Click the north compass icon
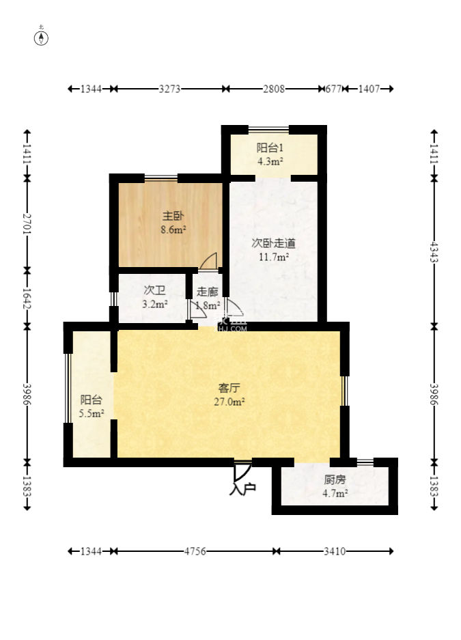pyautogui.click(x=42, y=38)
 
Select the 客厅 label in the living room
pyautogui.click(x=229, y=388)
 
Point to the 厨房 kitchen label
pyautogui.click(x=335, y=479)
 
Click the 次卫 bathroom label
pyautogui.click(x=154, y=290)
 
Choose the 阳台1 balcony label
pyautogui.click(x=270, y=148)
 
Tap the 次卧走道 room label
pyautogui.click(x=273, y=242)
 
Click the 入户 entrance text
pyautogui.click(x=242, y=489)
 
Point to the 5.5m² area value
pyautogui.click(x=92, y=413)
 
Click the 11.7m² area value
pyautogui.click(x=273, y=257)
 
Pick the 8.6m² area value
pyautogui.click(x=173, y=230)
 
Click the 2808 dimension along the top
pyautogui.click(x=275, y=89)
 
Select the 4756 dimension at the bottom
pyautogui.click(x=195, y=551)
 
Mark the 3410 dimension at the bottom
pyautogui.click(x=334, y=551)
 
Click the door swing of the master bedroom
pyautogui.click(x=210, y=260)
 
